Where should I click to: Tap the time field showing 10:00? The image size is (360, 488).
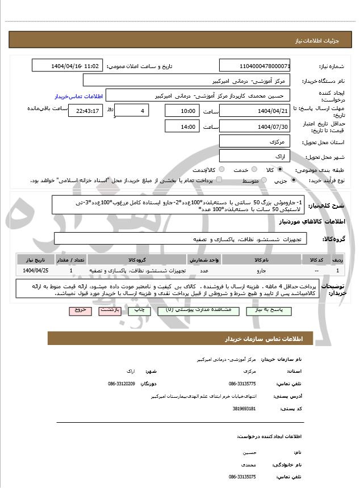[181, 111]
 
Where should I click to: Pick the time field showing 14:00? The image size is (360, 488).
[181, 127]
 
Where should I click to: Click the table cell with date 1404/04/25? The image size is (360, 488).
[38, 271]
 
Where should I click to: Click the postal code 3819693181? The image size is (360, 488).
[245, 409]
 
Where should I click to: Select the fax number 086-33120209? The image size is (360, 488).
[122, 384]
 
